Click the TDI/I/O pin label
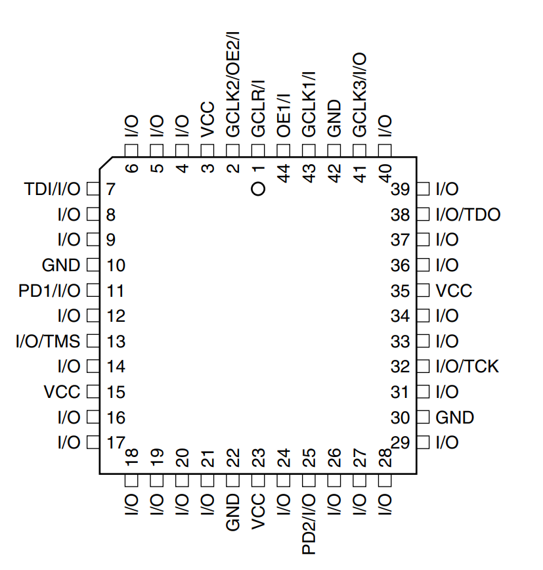click(53, 190)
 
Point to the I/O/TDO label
click(467, 215)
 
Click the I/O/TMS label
click(48, 341)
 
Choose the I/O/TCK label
click(467, 366)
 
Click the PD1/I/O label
click(49, 291)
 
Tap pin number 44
click(284, 174)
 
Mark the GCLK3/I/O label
click(360, 96)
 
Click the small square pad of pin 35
click(423, 291)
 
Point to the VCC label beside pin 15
click(62, 392)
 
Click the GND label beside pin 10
click(61, 266)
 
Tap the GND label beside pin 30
click(455, 418)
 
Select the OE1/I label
click(284, 115)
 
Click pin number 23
click(259, 457)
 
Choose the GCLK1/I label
click(309, 104)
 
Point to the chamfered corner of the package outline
click(106, 164)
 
